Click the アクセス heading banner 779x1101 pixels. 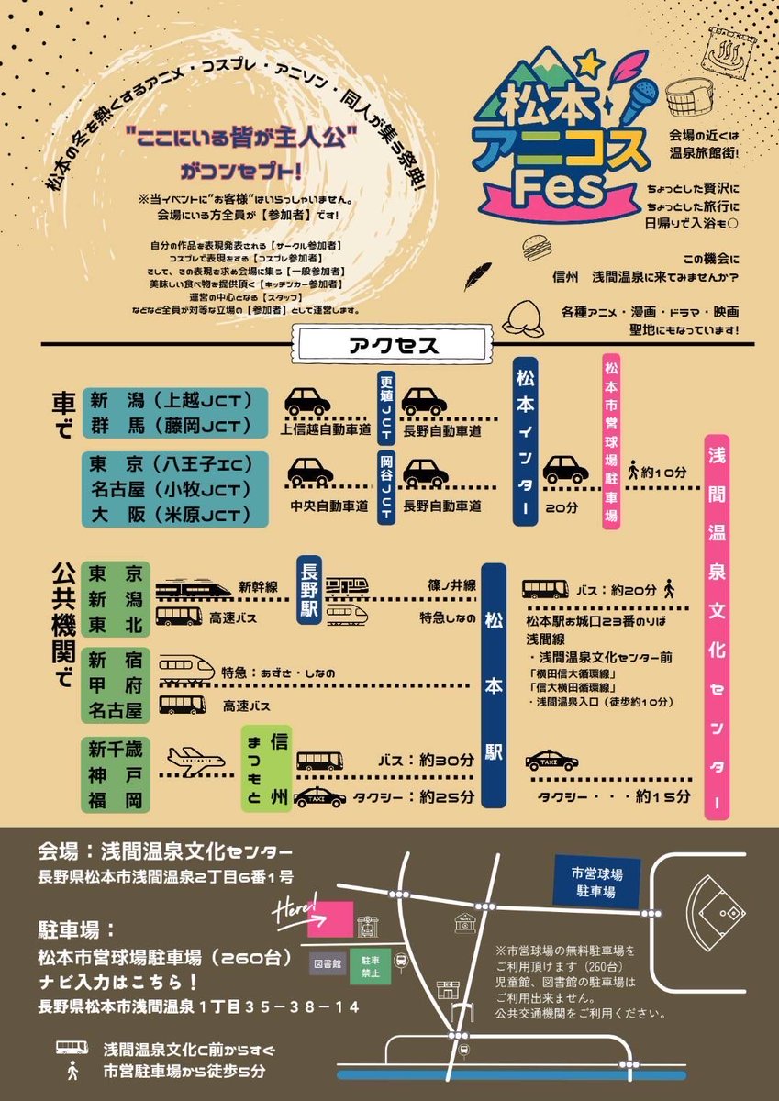coord(395,346)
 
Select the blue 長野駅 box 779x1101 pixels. coord(307,593)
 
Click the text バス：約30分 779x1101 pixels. coord(427,761)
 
